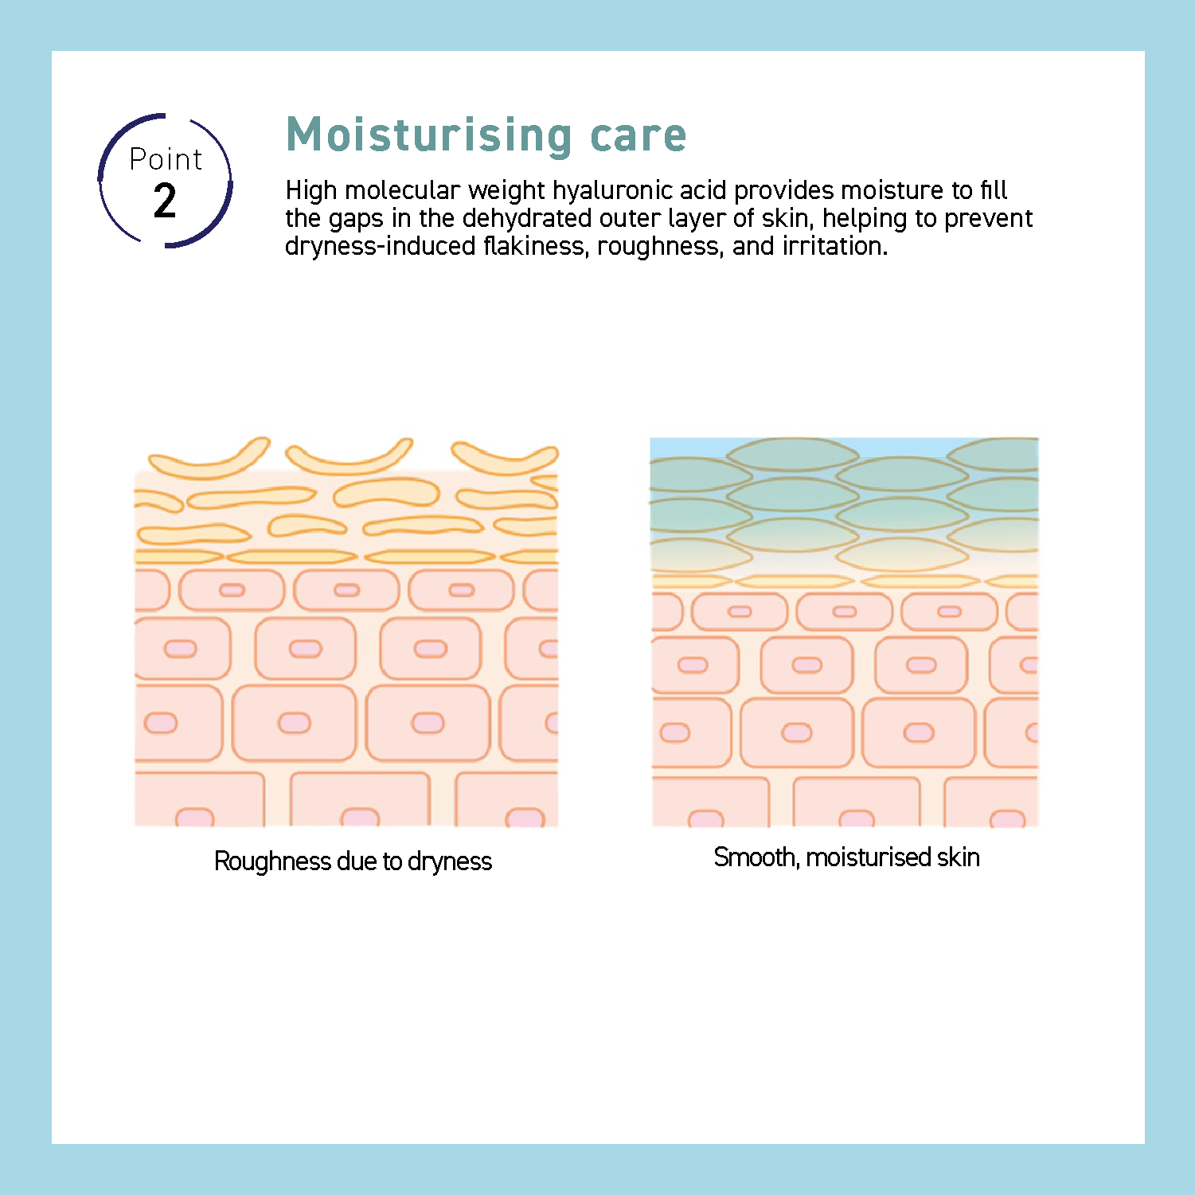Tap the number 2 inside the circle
[165, 201]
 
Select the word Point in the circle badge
[166, 159]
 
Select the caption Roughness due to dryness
[353, 861]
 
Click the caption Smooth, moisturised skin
[846, 857]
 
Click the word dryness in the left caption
[450, 862]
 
